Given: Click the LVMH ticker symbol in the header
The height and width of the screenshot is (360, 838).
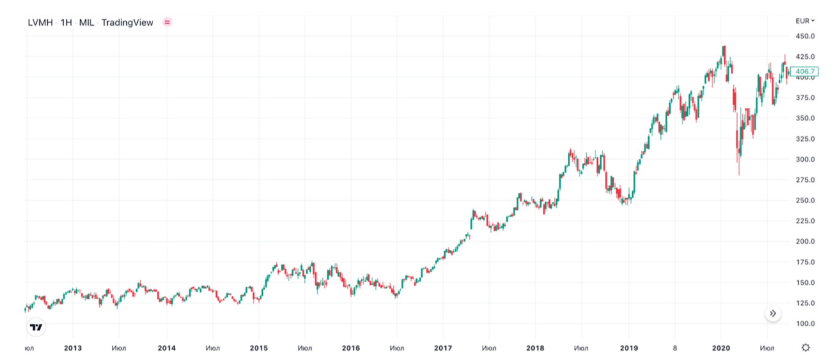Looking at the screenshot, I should point(40,23).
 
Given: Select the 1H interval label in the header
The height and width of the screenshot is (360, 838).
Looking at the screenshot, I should point(66,23).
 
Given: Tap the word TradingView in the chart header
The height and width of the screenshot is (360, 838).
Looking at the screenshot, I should point(127,23).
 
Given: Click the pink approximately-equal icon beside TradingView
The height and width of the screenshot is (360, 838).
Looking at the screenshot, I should point(167,22).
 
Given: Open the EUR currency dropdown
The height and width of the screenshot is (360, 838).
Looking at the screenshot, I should point(804,20).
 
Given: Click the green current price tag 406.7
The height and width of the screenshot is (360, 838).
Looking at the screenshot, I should point(805,72).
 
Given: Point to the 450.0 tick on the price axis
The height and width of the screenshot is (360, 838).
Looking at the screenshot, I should point(804,36).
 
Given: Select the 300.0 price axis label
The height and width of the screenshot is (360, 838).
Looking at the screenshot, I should point(804,159).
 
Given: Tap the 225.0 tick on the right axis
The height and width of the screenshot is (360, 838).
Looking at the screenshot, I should point(804,221).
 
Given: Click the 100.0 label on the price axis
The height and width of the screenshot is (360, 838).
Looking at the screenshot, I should point(804,324).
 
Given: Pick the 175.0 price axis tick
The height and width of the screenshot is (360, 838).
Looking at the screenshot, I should point(804,262).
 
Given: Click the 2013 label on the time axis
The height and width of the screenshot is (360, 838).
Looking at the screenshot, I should point(73,348).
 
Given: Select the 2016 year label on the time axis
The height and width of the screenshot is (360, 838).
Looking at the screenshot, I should point(351,348).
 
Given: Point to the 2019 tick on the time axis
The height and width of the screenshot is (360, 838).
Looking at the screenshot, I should point(628,348).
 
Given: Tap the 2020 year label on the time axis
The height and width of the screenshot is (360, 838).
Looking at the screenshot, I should point(720,348).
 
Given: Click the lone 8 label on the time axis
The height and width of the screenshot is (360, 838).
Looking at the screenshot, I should point(674,348).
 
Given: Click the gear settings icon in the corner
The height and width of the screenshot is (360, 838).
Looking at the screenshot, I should point(806,347).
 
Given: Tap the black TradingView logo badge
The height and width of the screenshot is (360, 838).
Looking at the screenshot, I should point(36,327).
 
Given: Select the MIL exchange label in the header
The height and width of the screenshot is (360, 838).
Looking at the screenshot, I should point(86,23).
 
